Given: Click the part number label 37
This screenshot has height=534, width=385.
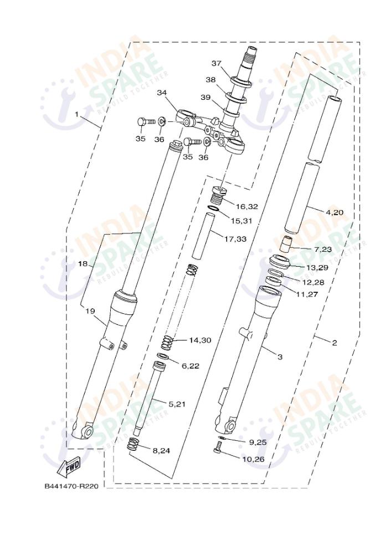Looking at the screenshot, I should [216, 63].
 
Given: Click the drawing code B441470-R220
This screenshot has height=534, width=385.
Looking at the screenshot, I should [71, 486].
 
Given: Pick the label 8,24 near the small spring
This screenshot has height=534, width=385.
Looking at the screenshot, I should [161, 450].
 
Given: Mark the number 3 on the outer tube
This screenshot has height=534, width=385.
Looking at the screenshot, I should [280, 357].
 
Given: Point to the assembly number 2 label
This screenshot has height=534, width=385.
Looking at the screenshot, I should [334, 343].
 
